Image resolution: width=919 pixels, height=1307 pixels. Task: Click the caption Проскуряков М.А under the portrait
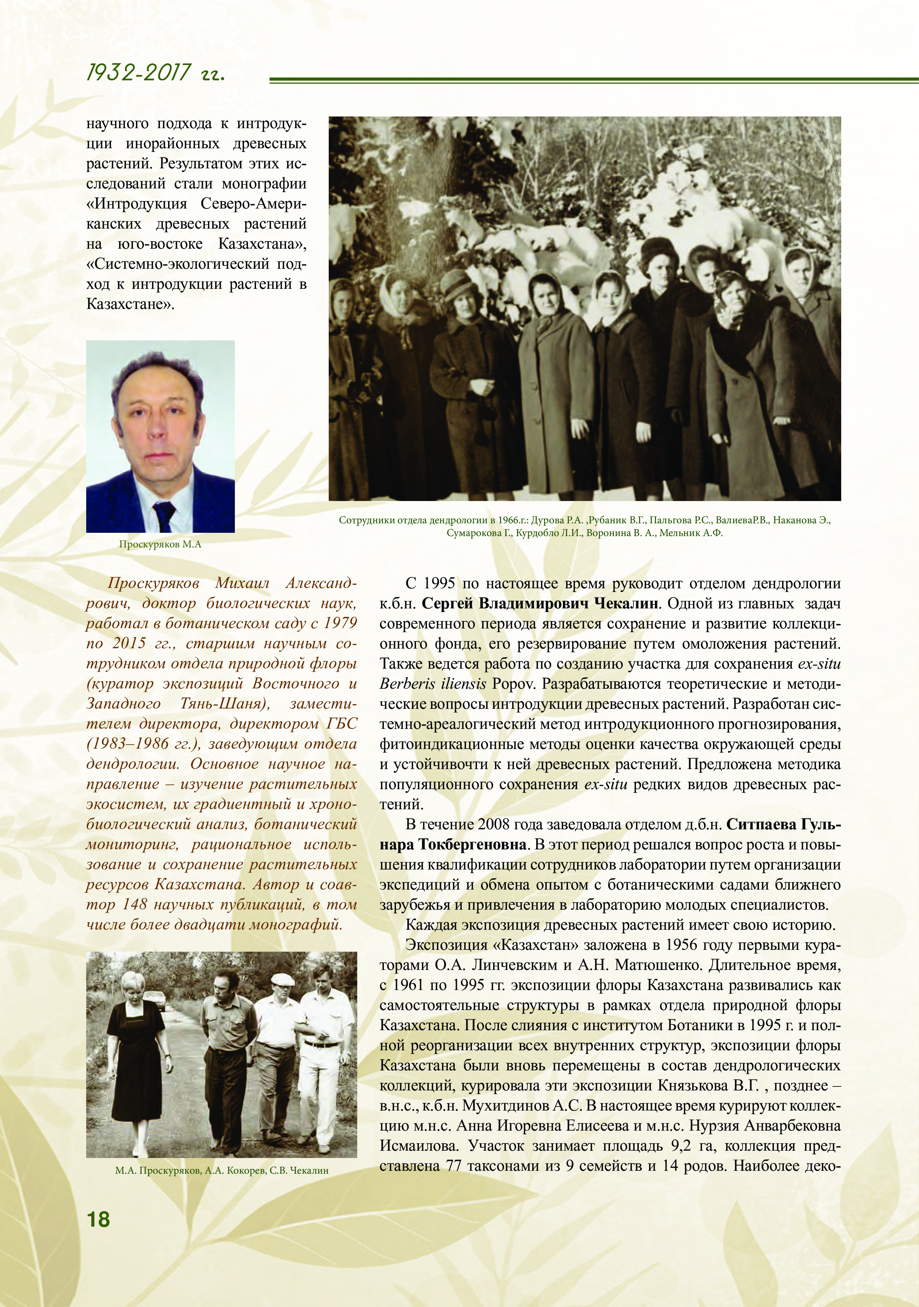pos(160,544)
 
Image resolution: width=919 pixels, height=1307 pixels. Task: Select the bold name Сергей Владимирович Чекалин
pos(540,603)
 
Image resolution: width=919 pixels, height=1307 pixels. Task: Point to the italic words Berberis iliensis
pos(433,684)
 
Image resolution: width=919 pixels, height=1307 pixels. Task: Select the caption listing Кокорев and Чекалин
pos(221,1170)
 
